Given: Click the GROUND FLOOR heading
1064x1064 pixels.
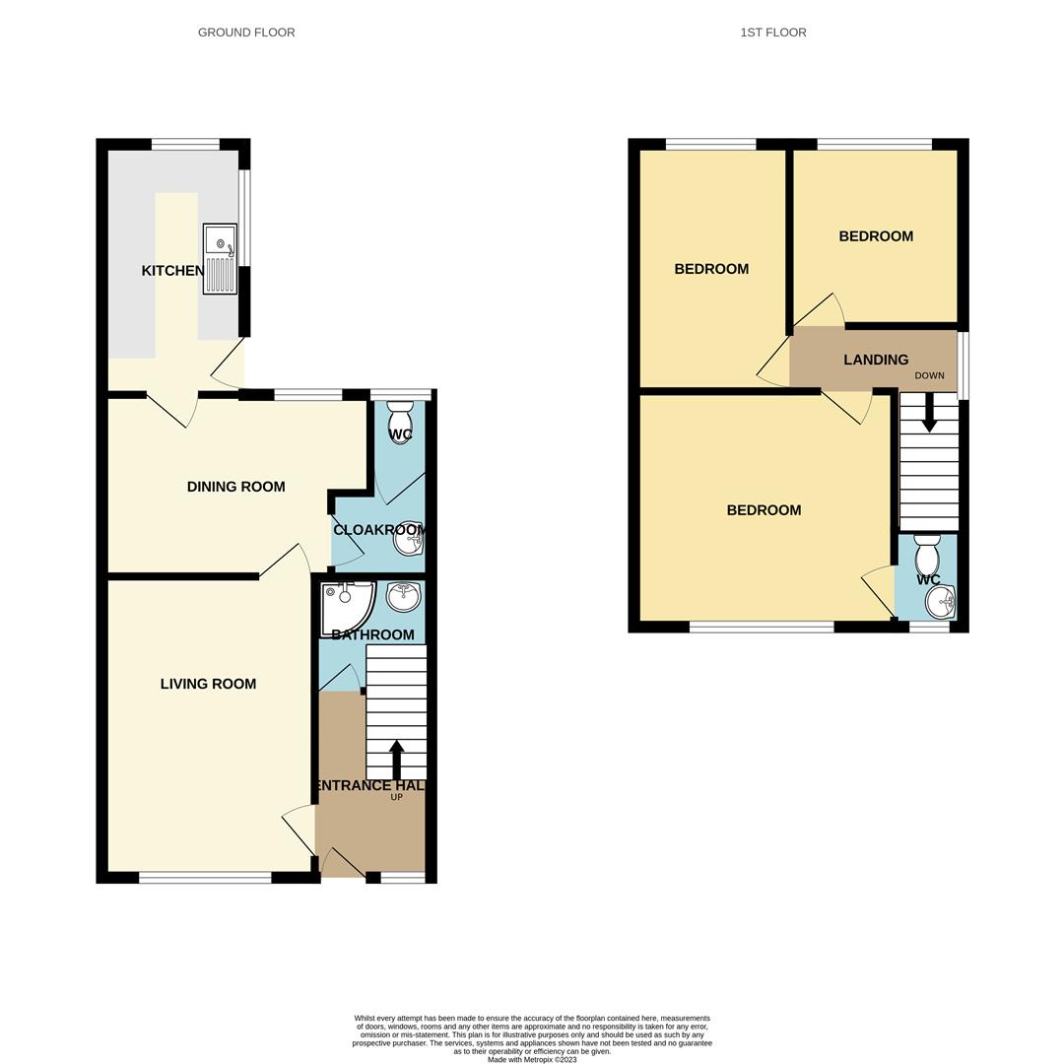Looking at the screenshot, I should (246, 33).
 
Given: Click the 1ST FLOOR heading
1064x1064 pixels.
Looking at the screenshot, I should (773, 33).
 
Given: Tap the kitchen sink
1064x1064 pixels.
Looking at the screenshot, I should (220, 259).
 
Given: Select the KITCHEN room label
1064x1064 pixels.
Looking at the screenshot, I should (172, 271).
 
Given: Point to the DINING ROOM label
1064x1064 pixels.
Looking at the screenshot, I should (235, 487).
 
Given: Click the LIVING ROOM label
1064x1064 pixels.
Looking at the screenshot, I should (208, 684).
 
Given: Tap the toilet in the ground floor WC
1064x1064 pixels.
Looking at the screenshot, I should (400, 421).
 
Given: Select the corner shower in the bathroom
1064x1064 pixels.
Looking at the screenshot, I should (344, 604).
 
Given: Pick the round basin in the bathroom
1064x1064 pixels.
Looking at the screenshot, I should (403, 596).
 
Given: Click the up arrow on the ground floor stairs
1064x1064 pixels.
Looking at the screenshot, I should (397, 760).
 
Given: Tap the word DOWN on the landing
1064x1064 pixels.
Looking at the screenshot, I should (929, 376).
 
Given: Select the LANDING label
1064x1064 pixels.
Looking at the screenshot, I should (876, 361).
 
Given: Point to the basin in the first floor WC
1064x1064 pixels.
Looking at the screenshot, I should (941, 601).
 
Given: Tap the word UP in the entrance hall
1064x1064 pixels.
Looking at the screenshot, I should (397, 797).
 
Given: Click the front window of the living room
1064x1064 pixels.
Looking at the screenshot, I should (205, 878).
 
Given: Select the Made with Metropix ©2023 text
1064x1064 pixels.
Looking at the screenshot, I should (532, 1060).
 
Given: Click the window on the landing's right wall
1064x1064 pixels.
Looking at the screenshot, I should (964, 365).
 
